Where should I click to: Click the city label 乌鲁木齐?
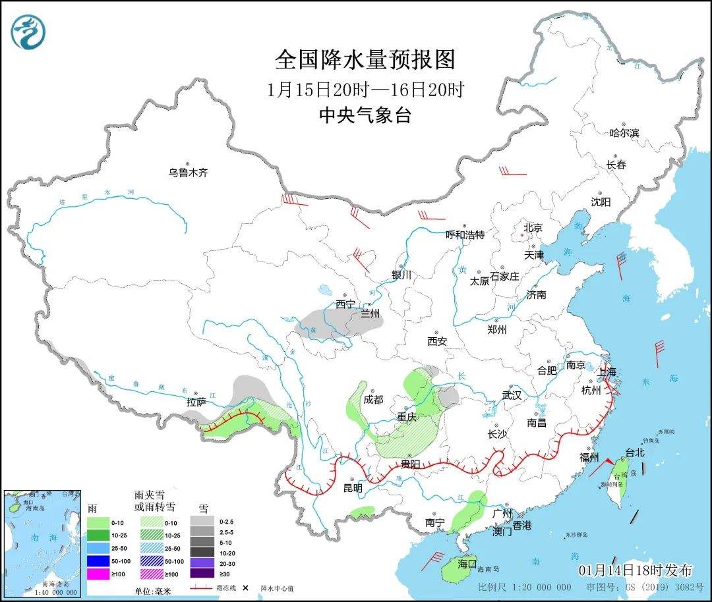(x=188, y=173)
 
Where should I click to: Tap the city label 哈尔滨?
(x=624, y=132)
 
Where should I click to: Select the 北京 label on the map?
(x=532, y=228)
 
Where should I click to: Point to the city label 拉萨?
(x=196, y=401)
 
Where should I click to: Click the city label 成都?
(x=373, y=399)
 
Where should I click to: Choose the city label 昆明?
(x=353, y=488)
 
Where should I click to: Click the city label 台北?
(x=635, y=453)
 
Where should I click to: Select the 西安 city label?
(x=437, y=341)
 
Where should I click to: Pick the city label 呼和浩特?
(x=465, y=234)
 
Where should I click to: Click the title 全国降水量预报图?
(x=365, y=60)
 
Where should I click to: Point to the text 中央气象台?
(x=365, y=116)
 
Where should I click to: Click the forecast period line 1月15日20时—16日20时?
(x=365, y=89)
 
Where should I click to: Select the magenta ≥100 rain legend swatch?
(x=98, y=574)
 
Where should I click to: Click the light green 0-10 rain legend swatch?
(x=98, y=521)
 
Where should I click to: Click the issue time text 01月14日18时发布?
(x=636, y=570)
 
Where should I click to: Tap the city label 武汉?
(x=512, y=395)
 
